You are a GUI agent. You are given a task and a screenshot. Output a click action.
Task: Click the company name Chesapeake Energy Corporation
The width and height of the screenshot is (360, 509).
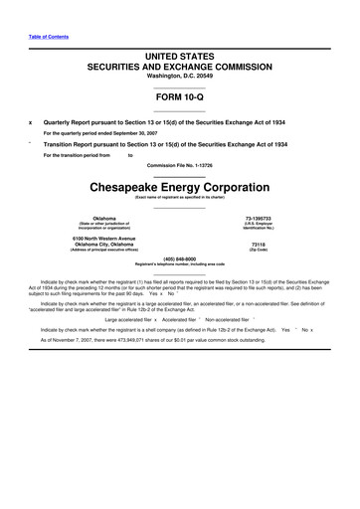pos(180,186)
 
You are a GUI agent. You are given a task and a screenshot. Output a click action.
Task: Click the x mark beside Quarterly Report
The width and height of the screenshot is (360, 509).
pos(31,122)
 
